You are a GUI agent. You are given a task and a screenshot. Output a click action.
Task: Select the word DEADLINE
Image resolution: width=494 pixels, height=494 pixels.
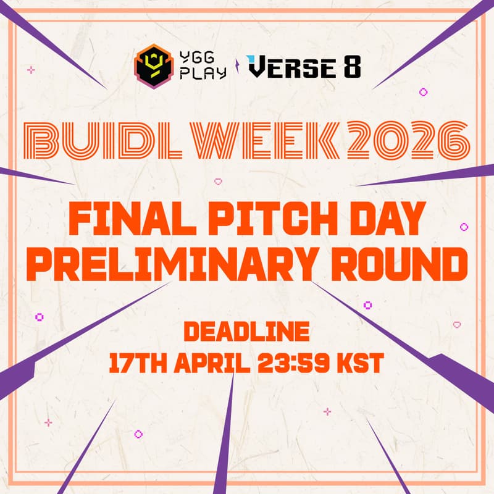tap(247, 332)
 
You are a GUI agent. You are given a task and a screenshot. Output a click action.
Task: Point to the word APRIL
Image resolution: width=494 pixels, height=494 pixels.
tap(211, 362)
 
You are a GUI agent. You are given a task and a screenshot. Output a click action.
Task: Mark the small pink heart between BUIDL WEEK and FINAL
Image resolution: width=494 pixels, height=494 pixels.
tap(217, 182)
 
